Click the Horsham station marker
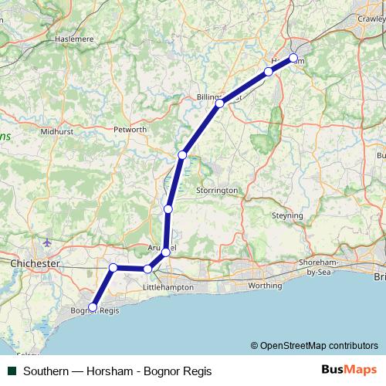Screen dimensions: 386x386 pyautogui.click(x=293, y=58)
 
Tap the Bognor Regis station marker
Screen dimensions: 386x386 pyautogui.click(x=93, y=307)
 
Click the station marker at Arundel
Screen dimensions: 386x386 pyautogui.click(x=166, y=252)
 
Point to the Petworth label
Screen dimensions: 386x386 pyautogui.click(x=130, y=129)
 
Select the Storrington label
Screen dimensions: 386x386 pyautogui.click(x=217, y=190)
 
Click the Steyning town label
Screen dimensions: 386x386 pyautogui.click(x=287, y=216)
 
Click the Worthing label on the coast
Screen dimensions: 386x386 pyautogui.click(x=265, y=286)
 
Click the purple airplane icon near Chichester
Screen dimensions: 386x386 pyautogui.click(x=48, y=243)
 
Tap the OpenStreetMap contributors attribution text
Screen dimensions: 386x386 pyautogui.click(x=318, y=346)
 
